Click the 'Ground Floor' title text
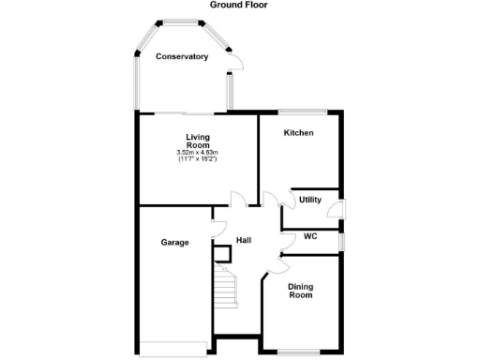(x=240, y=5)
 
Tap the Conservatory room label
(x=182, y=57)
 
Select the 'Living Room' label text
(x=197, y=141)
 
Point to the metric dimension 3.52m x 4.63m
(x=197, y=153)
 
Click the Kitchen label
(x=298, y=133)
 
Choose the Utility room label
(x=310, y=200)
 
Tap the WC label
(x=310, y=236)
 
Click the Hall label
(x=243, y=241)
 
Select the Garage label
(x=174, y=242)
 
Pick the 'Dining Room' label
(x=300, y=291)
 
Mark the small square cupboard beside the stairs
(x=222, y=253)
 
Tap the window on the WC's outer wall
(x=340, y=241)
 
